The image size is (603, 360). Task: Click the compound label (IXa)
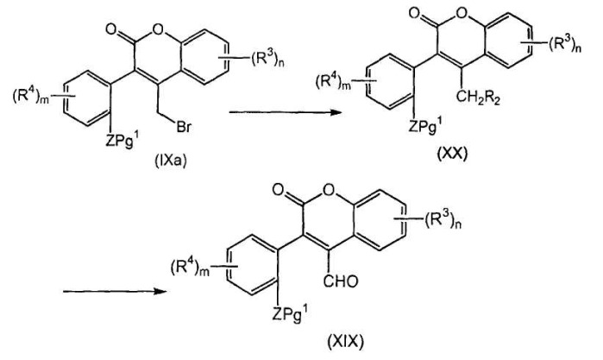pos(170,161)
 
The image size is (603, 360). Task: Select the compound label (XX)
pos(452,154)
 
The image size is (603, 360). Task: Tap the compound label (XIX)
pos(345,342)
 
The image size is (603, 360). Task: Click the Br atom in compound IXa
pos(184,127)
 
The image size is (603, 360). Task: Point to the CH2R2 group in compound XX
pos(478,98)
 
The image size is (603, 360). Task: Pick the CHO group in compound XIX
pos(341,281)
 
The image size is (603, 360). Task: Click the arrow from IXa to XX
pos(286,112)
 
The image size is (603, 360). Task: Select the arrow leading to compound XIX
pos(115,291)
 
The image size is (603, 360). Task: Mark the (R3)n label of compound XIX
pos(443,221)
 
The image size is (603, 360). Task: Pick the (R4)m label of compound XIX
pos(190,267)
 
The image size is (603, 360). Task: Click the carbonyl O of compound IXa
pos(110,29)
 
